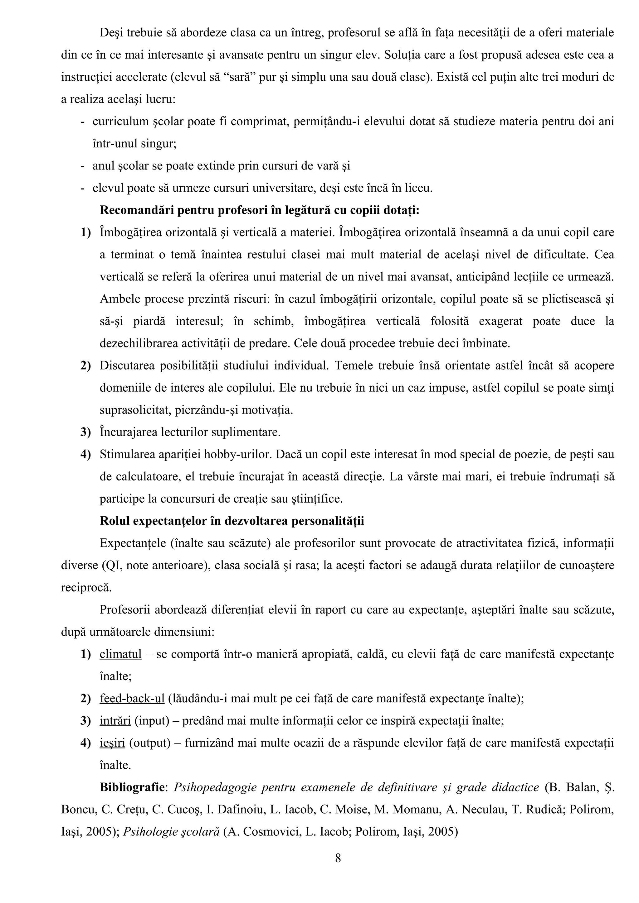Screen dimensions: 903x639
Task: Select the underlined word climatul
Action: [x=120, y=654]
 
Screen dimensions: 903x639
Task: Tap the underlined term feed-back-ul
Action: [x=132, y=699]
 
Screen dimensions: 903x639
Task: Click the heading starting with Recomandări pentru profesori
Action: [x=260, y=210]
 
